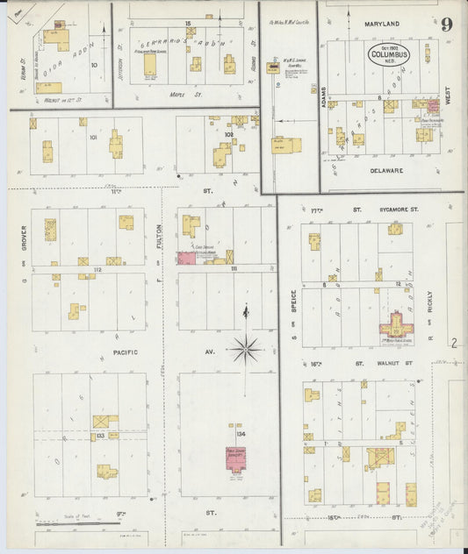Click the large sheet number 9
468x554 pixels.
(x=446, y=24)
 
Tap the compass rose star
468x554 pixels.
(x=247, y=350)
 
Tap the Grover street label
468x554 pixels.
(x=24, y=236)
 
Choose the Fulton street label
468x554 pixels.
(x=159, y=237)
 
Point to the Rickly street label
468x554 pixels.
(x=430, y=303)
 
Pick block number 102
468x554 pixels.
(x=229, y=135)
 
